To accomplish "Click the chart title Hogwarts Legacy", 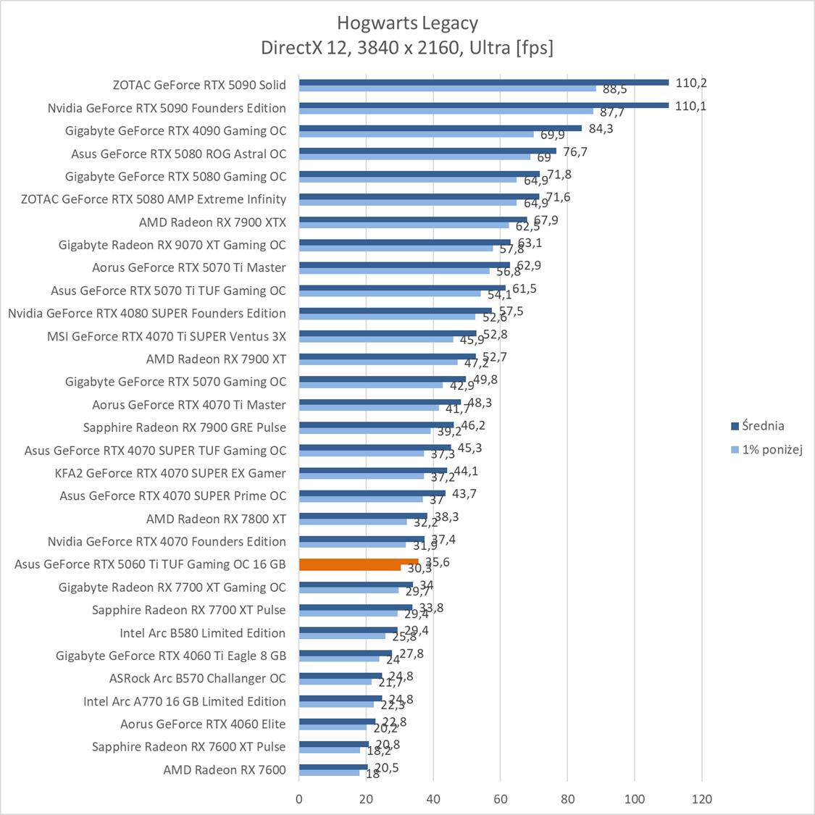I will pos(407,23).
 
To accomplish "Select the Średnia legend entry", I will pos(758,426).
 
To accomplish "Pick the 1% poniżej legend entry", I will pos(766,449).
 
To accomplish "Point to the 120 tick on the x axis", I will pos(701,799).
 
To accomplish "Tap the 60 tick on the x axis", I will pos(501,799).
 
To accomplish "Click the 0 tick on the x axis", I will pos(299,799).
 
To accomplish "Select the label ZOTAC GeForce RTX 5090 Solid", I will pos(199,85).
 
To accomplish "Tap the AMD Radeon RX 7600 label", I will pos(225,769).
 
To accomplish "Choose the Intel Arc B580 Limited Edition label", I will pos(203,632).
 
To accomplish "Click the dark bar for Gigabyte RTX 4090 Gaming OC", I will pos(440,128).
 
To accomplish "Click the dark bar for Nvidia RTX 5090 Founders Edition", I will pos(483,105).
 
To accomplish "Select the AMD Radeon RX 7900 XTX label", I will pos(212,222).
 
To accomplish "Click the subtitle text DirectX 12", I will pos(296,48).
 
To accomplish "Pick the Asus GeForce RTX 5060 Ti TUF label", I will pos(150,564).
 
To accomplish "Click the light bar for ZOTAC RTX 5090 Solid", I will pos(447,88).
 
